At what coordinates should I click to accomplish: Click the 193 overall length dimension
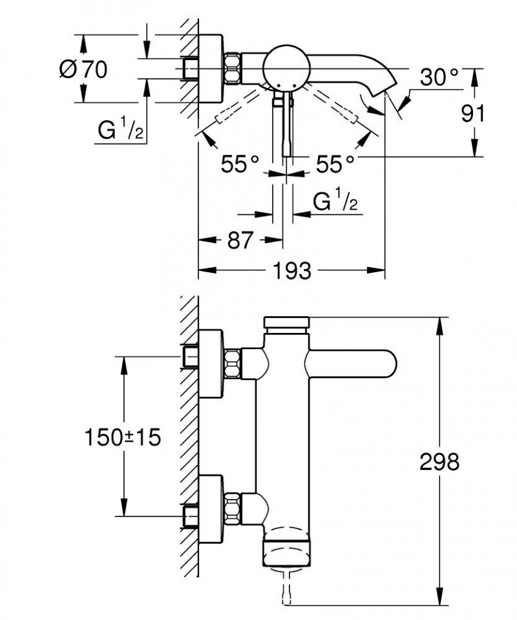290,271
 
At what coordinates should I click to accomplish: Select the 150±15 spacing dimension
122,438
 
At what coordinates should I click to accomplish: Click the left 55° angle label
240,164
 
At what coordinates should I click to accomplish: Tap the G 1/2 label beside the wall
121,131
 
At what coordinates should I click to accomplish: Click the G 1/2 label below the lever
335,202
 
